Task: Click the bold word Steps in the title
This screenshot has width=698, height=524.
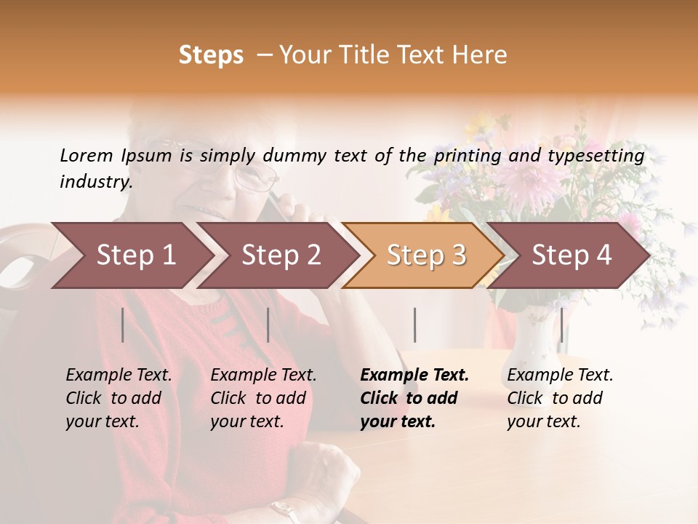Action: coord(211,55)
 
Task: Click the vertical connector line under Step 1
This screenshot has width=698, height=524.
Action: coord(123,325)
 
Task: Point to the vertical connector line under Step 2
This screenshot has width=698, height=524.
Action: coord(268,325)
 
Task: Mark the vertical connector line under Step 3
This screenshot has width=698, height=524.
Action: coord(415,325)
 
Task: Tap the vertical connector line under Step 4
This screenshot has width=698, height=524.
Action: coord(561,325)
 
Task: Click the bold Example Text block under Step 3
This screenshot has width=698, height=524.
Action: coord(414,398)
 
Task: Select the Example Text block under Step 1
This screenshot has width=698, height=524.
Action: coord(119,398)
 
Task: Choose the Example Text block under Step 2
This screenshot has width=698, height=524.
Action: coord(263,398)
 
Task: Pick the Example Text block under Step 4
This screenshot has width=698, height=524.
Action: coord(560,398)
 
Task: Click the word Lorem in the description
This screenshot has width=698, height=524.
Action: coord(86,155)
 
